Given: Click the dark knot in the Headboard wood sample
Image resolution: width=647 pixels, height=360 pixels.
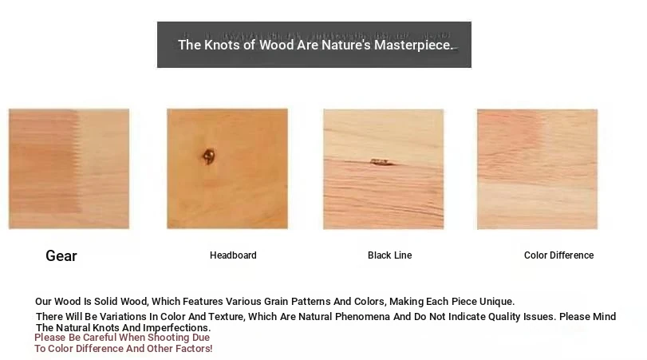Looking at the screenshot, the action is tap(209, 156).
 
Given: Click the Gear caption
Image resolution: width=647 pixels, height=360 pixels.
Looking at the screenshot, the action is tap(61, 256).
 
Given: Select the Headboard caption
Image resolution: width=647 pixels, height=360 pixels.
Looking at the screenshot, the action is tap(233, 255).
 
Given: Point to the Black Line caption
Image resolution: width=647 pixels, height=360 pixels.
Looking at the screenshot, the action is tap(389, 255).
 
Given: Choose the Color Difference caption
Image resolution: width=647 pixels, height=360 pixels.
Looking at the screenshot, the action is tap(558, 255).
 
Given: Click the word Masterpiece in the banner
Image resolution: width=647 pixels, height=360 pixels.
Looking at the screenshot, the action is tap(413, 45).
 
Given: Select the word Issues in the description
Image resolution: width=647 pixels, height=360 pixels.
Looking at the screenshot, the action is tap(540, 317).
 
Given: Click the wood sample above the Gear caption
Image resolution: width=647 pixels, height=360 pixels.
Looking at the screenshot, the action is tap(69, 169).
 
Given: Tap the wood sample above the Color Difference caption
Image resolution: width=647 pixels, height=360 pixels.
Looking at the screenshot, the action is tap(537, 169).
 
